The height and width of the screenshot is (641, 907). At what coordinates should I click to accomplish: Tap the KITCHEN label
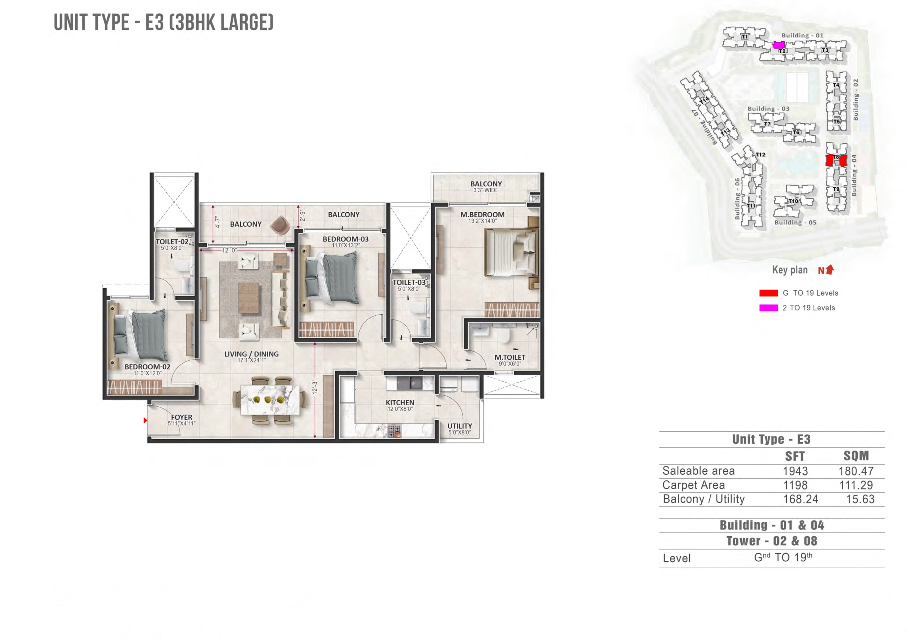(400, 403)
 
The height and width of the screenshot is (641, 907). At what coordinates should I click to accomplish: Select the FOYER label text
(181, 417)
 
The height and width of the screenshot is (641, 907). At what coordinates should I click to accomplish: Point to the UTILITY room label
(459, 426)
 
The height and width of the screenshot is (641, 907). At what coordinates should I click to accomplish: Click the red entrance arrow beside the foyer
(145, 420)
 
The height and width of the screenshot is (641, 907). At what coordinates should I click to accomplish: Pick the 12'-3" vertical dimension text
(314, 387)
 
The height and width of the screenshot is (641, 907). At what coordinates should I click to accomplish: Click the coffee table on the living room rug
(249, 298)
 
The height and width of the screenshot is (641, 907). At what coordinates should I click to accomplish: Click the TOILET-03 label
(409, 282)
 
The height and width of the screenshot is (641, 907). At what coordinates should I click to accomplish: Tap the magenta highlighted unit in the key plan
(778, 45)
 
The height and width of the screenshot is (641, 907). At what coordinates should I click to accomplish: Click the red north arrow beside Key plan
(830, 269)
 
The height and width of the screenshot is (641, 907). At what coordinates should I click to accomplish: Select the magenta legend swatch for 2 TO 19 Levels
(768, 308)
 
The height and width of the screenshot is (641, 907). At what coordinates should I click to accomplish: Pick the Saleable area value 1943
(795, 471)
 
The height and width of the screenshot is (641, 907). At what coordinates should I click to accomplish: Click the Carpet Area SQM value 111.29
(856, 485)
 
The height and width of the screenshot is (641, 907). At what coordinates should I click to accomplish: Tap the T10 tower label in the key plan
(793, 201)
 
